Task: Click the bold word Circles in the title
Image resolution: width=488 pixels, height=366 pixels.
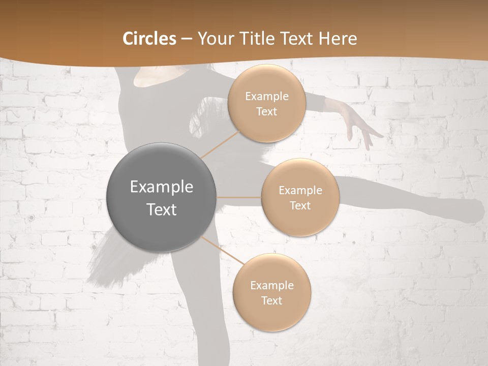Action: coord(149,39)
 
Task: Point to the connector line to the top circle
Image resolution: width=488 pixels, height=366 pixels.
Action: coord(220,144)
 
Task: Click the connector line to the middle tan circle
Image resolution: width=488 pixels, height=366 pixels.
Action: coord(239,197)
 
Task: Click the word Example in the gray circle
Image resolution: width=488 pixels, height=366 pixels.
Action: coord(162,187)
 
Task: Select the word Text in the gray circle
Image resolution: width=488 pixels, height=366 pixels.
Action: coord(162,209)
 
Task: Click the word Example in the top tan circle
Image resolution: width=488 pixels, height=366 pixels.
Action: coord(267,97)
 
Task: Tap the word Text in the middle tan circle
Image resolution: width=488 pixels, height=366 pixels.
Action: coord(300,205)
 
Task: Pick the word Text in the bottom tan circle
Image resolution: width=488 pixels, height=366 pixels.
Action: coord(271,300)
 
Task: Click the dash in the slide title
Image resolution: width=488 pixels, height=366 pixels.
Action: coord(187,39)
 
